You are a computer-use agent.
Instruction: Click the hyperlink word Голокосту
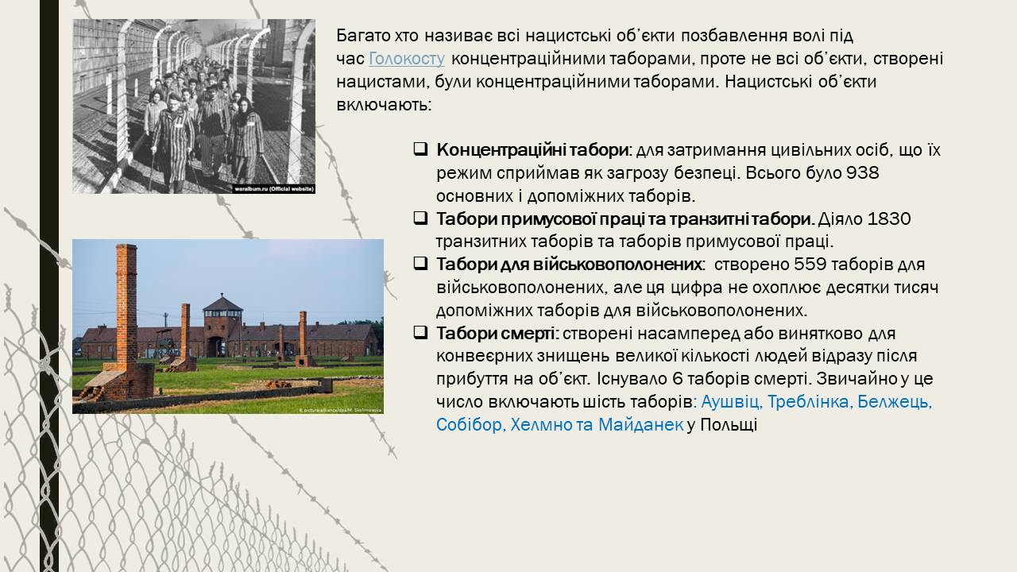pos(406,59)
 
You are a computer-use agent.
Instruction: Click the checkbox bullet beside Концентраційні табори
pos(420,149)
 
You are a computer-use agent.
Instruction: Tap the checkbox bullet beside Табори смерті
pos(420,333)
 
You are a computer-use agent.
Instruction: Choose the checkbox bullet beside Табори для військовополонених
pos(420,264)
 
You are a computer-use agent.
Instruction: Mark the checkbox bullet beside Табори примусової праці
pos(420,218)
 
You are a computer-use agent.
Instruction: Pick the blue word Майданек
pos(640,425)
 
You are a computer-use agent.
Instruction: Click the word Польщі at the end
pos(729,425)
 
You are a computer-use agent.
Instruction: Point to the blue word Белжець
pos(895,402)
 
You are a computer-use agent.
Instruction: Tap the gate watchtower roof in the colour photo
pos(222,303)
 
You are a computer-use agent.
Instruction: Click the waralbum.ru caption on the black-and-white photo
pos(274,189)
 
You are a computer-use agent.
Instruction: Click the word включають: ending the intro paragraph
pos(384,106)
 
